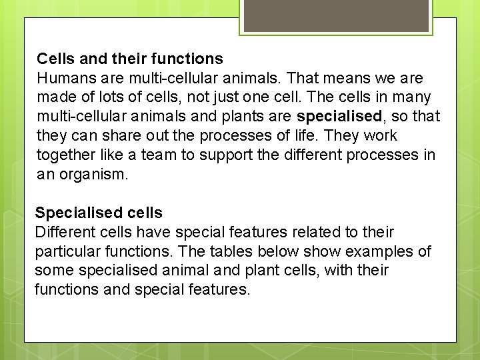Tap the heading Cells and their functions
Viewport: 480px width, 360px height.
(x=130, y=59)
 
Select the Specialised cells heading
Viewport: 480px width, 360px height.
(x=99, y=213)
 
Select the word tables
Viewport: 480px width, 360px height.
(x=225, y=252)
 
